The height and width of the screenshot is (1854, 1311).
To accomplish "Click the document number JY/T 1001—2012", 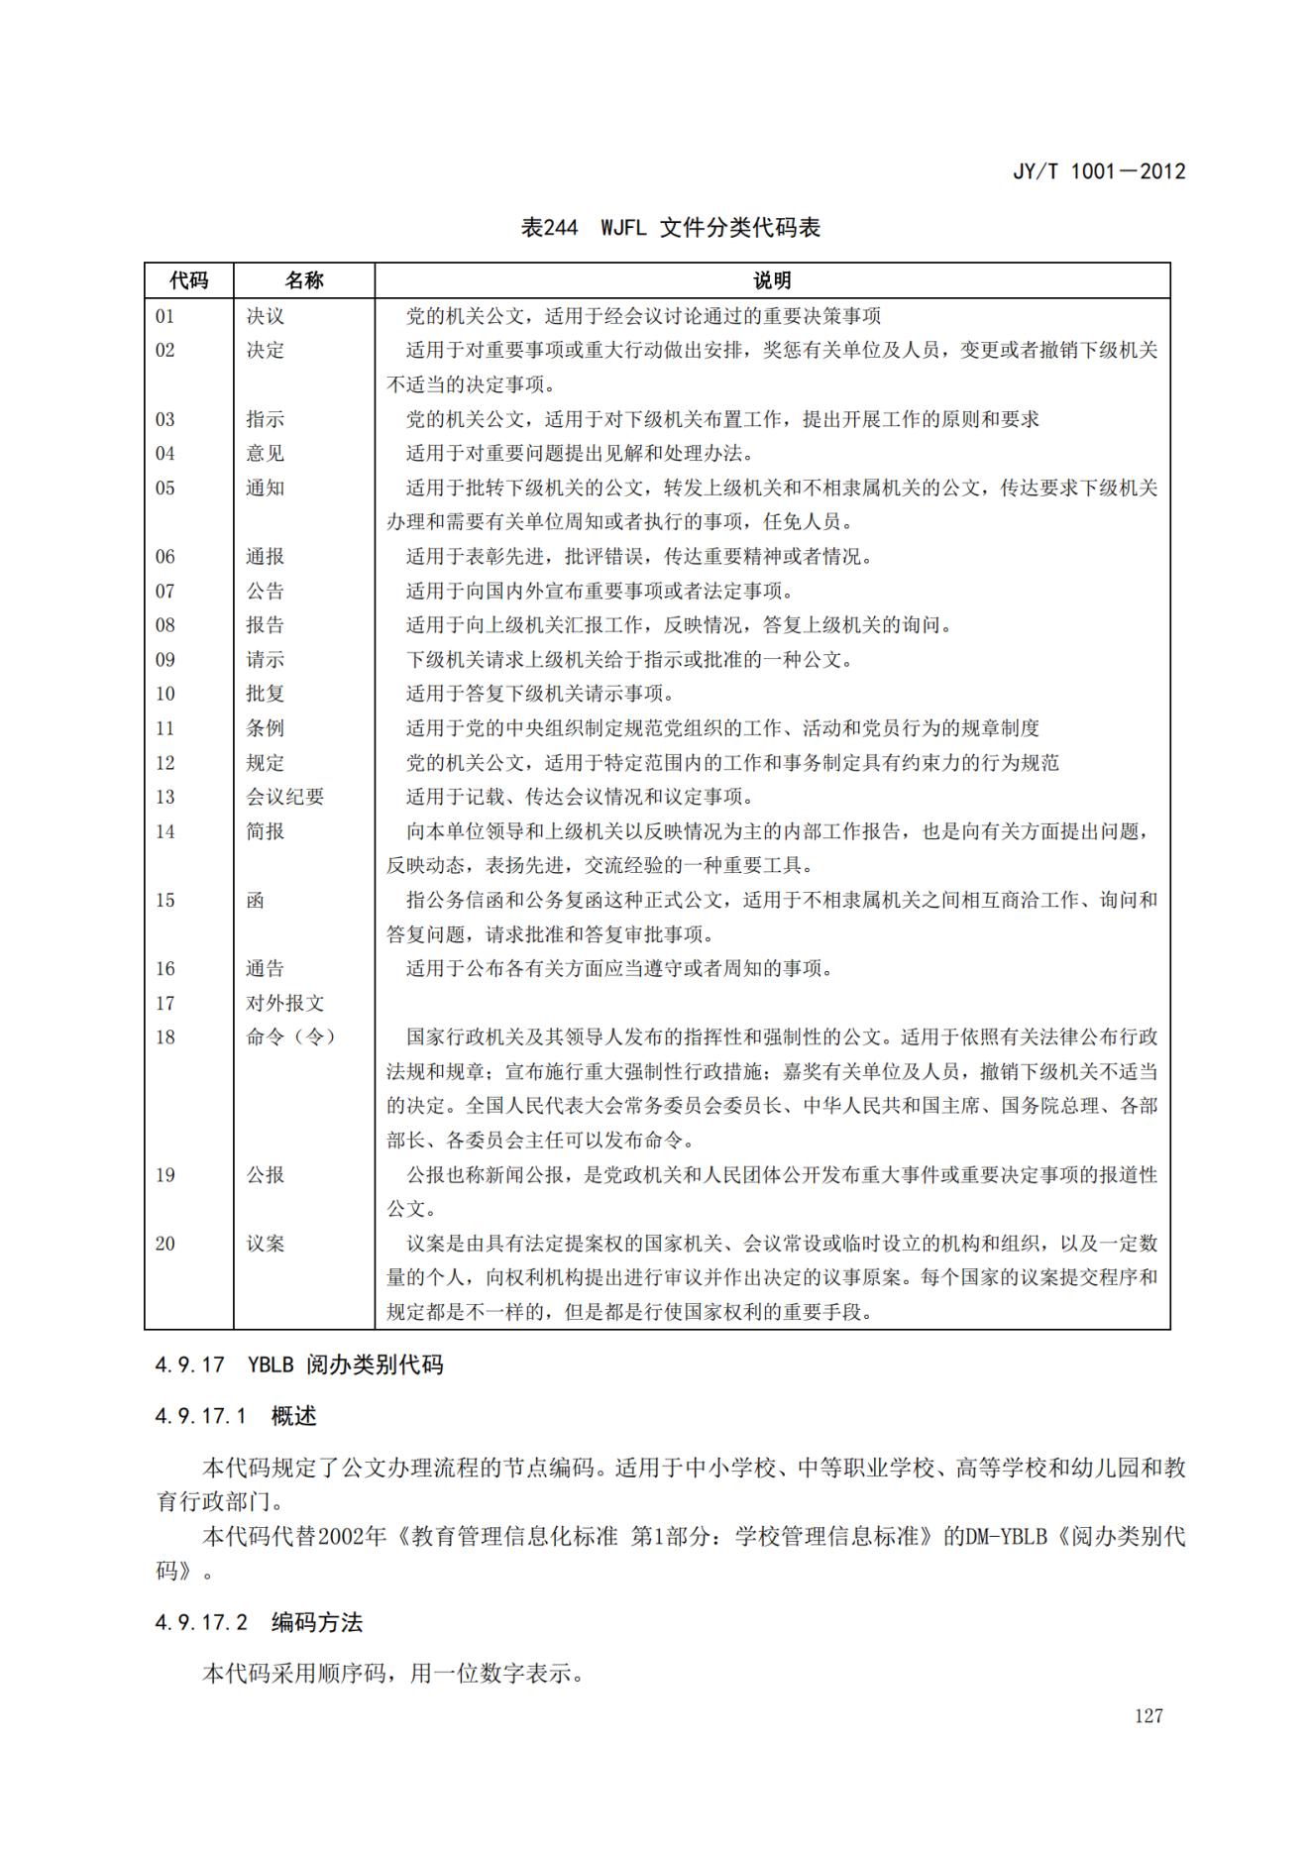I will (x=1098, y=171).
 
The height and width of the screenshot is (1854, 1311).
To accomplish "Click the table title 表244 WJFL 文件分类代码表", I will (x=671, y=228).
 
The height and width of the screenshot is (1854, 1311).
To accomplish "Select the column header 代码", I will (x=188, y=280).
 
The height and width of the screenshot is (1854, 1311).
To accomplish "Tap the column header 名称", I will (x=303, y=280).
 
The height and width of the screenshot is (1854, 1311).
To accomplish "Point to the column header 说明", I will (x=772, y=280).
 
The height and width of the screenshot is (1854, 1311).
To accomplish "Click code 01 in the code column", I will (x=164, y=316).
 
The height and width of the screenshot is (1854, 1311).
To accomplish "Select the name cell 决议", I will (x=265, y=316).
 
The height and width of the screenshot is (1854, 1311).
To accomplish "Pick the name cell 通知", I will (x=265, y=488).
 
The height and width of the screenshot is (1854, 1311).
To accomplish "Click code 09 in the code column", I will (x=164, y=659).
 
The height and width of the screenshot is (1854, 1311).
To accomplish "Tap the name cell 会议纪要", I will (x=284, y=797).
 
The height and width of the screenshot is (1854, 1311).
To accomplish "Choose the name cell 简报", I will (x=265, y=831).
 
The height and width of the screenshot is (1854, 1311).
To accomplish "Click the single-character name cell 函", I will (x=256, y=900).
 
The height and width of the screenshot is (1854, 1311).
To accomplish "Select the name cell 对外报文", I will (x=284, y=1003).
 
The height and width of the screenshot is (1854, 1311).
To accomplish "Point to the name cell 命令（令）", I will (x=290, y=1036).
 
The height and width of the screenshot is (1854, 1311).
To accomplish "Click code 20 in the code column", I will (x=164, y=1243).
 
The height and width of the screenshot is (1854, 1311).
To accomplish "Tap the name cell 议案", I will (x=265, y=1243).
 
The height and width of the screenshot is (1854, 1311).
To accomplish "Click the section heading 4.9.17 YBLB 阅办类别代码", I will (x=298, y=1364).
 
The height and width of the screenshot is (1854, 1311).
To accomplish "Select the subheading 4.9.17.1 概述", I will (x=235, y=1416).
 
